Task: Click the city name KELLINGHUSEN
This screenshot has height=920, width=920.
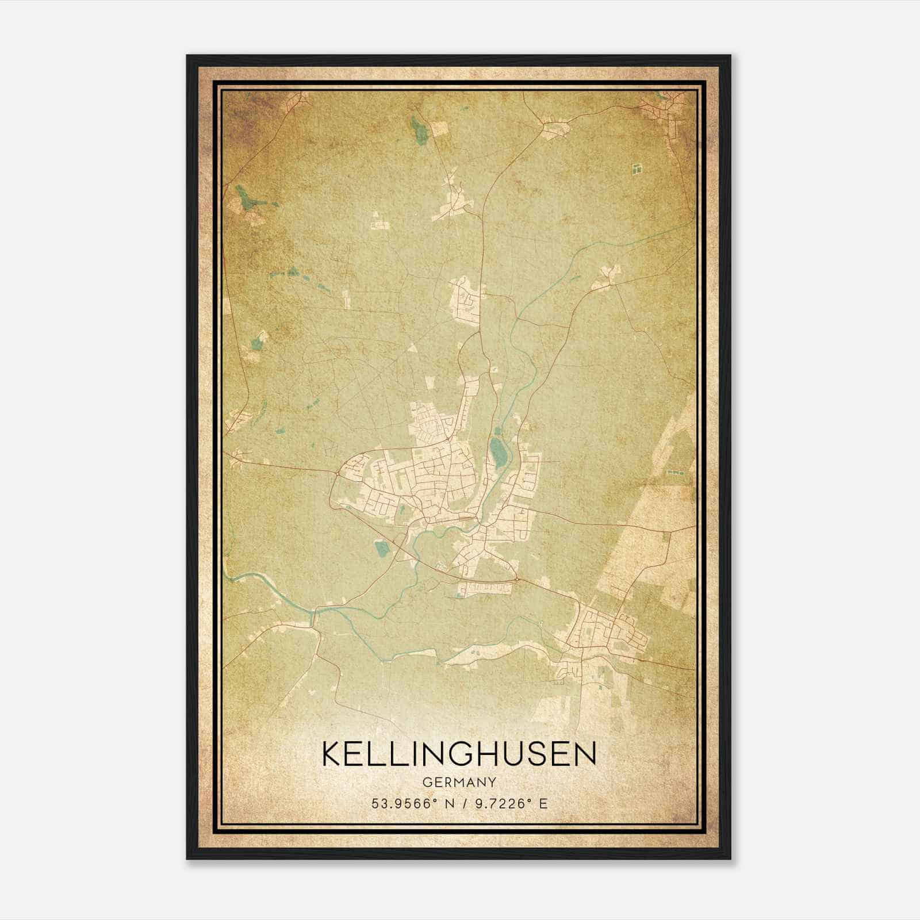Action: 459,754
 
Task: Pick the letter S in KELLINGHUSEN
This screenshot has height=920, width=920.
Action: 543,754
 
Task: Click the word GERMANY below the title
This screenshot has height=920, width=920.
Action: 459,783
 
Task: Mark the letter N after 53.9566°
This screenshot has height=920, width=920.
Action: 448,804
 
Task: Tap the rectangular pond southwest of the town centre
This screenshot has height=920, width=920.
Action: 382,548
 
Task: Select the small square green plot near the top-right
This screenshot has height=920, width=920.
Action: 637,168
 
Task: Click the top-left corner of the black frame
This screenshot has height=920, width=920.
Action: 187,56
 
